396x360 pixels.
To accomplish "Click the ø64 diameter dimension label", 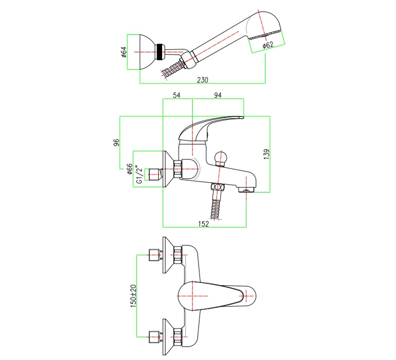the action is click(124, 52).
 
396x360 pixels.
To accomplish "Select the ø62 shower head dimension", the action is click(268, 45).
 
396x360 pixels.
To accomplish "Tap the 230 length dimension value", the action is click(203, 80).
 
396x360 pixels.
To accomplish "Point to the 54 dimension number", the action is click(176, 95).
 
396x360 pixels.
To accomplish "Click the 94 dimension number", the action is click(218, 95).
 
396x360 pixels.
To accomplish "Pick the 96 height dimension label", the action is click(116, 142).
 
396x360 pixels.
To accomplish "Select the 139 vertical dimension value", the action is click(266, 154).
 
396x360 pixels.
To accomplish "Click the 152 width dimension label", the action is click(203, 224).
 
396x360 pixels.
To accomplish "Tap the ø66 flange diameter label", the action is click(130, 169).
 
